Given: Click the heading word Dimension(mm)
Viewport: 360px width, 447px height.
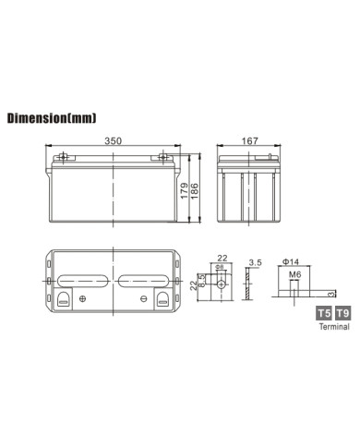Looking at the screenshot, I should tap(51, 119).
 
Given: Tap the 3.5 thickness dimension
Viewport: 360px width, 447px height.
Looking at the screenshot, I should tap(255, 264).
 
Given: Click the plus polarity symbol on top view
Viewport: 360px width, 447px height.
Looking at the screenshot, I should tap(84, 298).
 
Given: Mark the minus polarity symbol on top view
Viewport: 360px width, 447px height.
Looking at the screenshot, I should tap(144, 298).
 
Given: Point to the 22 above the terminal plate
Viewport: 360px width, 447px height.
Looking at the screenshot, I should tap(222, 260).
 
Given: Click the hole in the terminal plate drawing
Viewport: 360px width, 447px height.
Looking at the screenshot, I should tap(222, 282).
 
